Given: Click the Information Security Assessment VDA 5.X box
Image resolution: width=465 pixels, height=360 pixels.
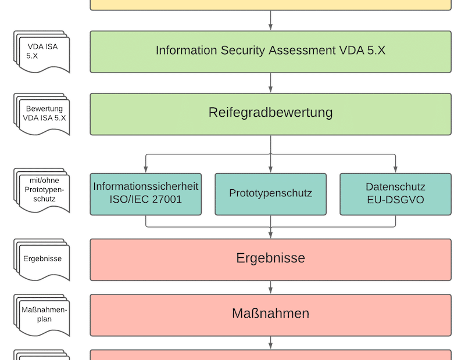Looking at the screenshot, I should [270, 51].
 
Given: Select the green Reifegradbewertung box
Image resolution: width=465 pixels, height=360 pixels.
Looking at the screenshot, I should [270, 113].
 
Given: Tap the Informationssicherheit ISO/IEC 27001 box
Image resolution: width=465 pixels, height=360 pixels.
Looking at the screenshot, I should [145, 194].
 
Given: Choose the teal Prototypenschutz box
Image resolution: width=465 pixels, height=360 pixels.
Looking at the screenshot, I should [270, 194].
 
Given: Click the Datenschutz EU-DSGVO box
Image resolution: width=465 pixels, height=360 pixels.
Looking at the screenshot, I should [395, 194].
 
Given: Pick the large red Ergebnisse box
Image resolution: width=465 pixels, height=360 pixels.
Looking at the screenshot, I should [270, 258].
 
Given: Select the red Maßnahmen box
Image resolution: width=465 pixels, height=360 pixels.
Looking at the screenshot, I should [270, 314].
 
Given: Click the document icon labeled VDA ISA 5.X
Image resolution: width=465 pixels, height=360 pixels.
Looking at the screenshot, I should [42, 52].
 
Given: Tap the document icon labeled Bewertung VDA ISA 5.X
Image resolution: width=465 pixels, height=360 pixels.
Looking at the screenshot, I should [42, 114].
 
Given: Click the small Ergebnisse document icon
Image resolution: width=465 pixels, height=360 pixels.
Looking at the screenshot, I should [42, 260].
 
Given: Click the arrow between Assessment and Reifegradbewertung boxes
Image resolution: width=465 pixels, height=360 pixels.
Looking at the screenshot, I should [270, 82].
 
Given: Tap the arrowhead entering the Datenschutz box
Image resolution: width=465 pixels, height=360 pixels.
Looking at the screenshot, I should [395, 169].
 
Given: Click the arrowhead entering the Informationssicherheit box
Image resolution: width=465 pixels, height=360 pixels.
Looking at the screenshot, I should [145, 169].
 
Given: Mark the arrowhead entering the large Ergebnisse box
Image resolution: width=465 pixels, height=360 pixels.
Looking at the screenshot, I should [270, 233].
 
